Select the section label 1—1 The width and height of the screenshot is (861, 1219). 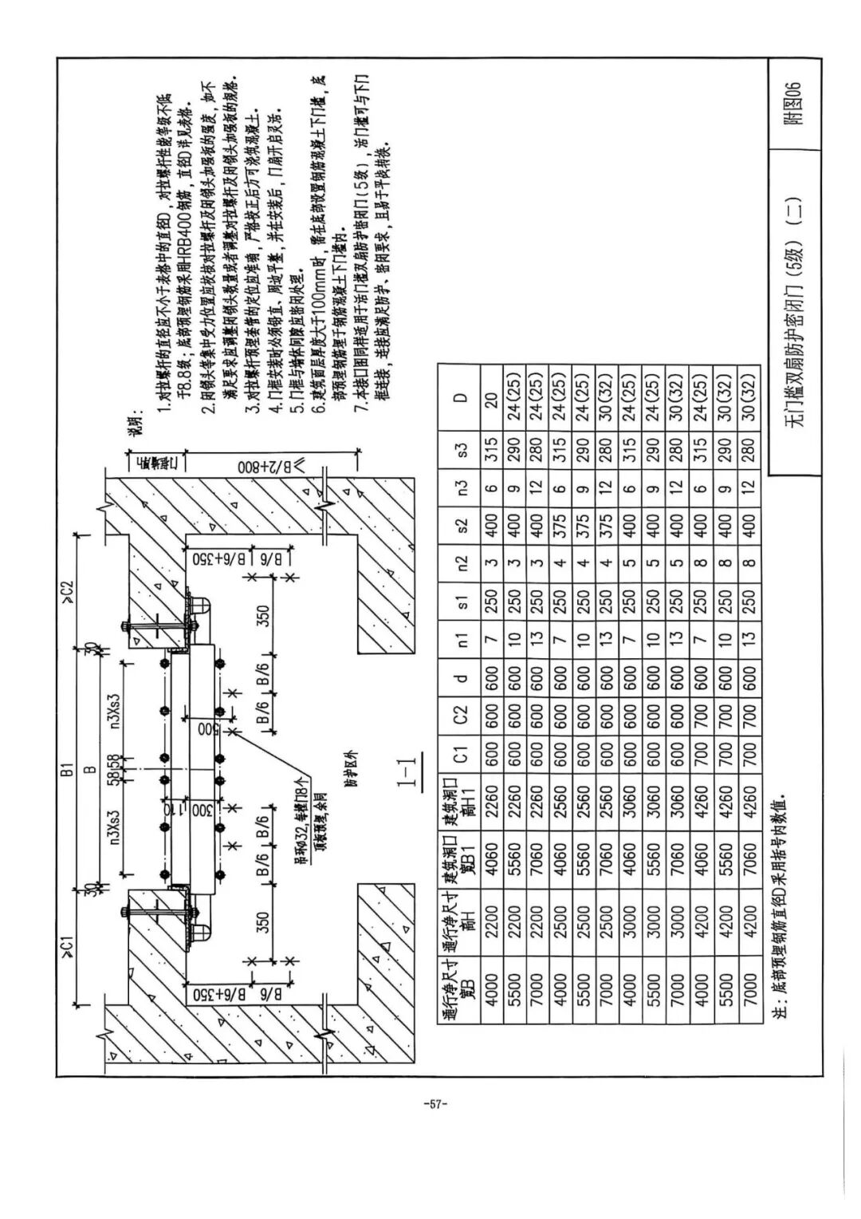(408, 773)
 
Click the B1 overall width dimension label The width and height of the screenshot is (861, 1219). (67, 769)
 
